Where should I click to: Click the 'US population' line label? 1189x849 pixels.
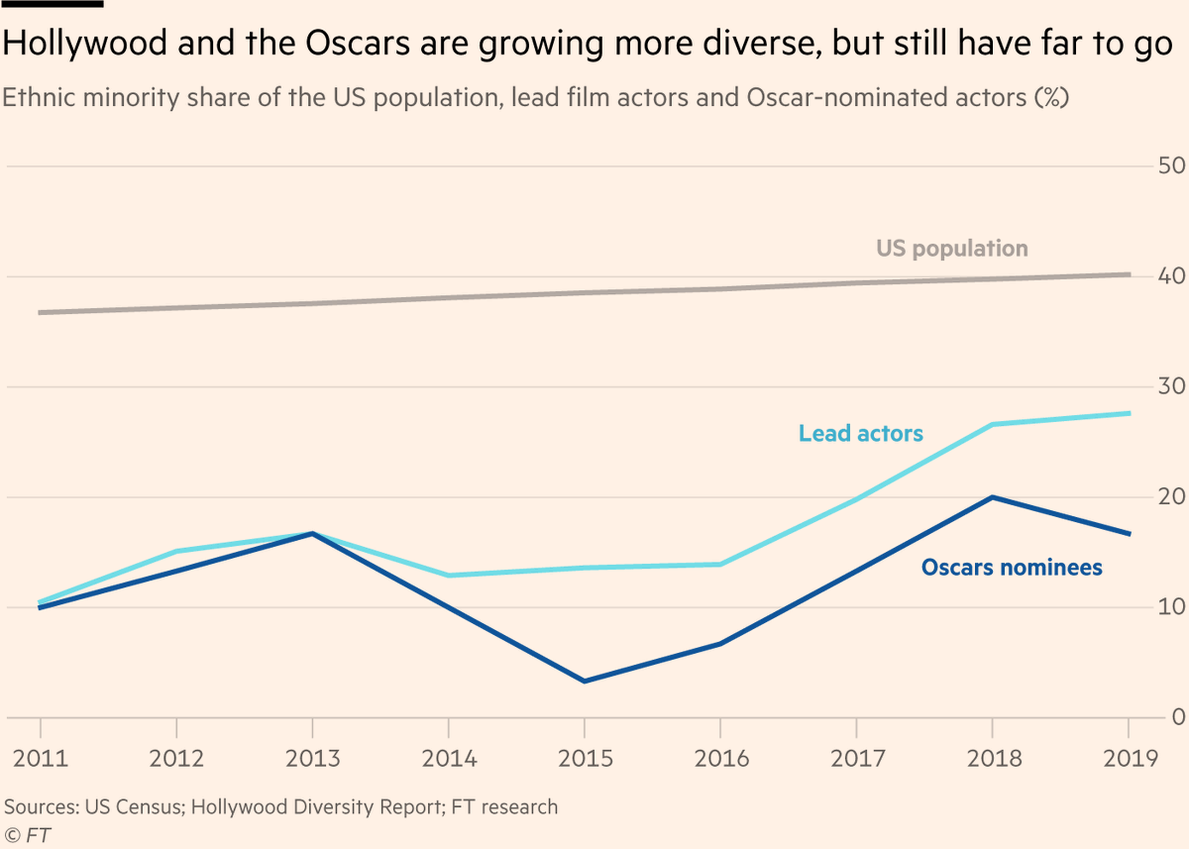[951, 249]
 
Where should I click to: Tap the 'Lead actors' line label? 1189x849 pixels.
[860, 433]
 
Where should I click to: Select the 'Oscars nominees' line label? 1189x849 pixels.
[1012, 568]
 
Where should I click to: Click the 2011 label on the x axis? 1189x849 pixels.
[41, 759]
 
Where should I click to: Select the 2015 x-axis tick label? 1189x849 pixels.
[584, 759]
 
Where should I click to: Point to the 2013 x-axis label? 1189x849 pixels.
[312, 759]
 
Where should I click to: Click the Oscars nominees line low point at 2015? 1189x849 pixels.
[584, 682]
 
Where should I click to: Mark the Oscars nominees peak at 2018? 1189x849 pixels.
[992, 497]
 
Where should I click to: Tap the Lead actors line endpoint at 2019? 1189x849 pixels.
[1129, 413]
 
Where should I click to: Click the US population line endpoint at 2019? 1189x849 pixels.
[1129, 274]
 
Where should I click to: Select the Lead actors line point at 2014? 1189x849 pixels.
[448, 576]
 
